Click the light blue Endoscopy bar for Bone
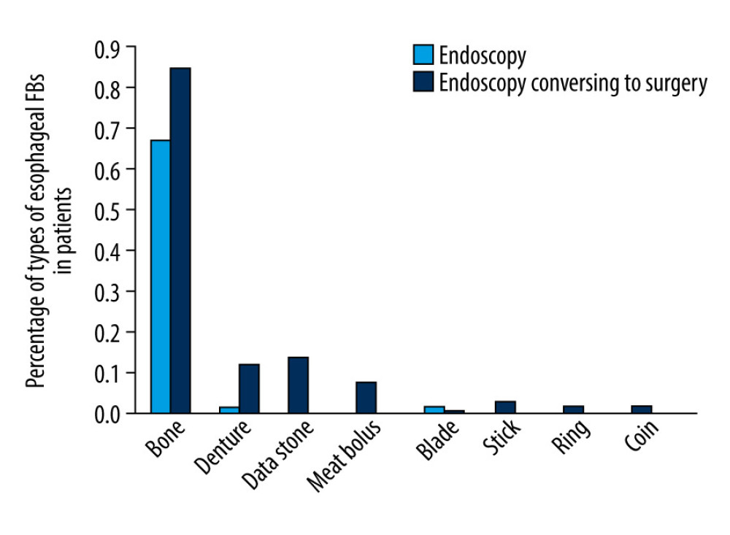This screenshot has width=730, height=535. [161, 277]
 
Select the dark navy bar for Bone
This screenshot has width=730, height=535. [180, 241]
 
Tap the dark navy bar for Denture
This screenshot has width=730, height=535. [249, 388]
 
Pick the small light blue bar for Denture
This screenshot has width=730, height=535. [229, 409]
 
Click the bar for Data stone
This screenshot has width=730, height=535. [298, 385]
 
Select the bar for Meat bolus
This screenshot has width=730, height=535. [366, 397]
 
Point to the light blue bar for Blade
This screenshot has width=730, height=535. [434, 409]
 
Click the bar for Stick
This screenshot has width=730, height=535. [505, 407]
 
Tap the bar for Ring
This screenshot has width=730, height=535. [573, 409]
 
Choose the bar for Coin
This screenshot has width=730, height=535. [642, 409]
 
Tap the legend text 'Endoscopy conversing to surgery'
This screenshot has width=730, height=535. [573, 84]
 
